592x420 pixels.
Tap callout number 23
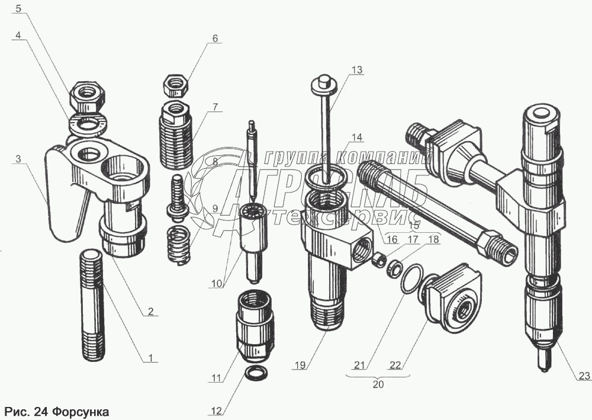(x=585, y=376)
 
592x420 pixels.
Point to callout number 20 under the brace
(x=378, y=384)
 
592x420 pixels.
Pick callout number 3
(x=18, y=159)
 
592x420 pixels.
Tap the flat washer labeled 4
(x=87, y=124)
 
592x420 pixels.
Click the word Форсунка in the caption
(x=81, y=411)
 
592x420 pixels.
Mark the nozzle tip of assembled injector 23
(x=543, y=360)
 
